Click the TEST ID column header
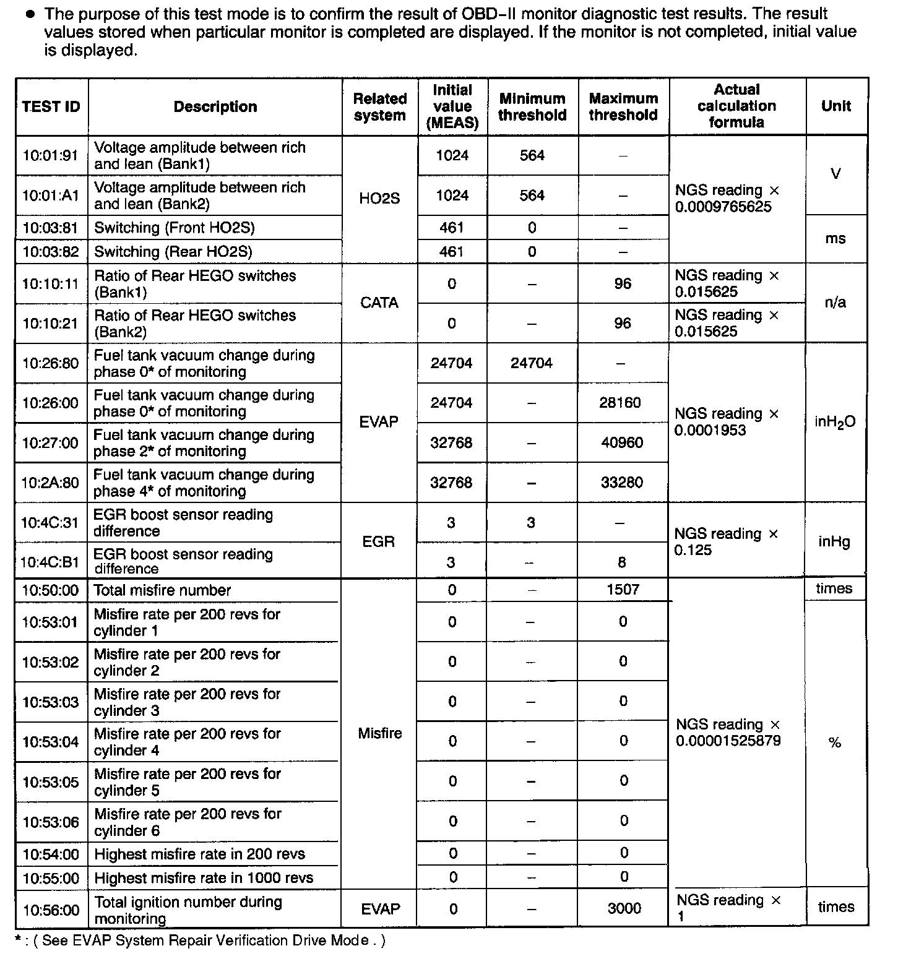click(x=51, y=107)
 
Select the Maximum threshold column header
click(x=623, y=107)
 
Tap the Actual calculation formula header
click(x=736, y=106)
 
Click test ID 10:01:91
click(x=51, y=155)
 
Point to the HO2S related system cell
click(x=379, y=199)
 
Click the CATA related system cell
click(x=379, y=303)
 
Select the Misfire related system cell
click(x=380, y=734)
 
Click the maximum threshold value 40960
click(x=622, y=443)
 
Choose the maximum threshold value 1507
click(x=623, y=590)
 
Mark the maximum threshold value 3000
click(x=624, y=908)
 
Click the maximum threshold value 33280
click(x=622, y=483)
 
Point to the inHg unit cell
click(x=834, y=542)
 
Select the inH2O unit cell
click(x=835, y=422)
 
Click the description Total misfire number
click(x=162, y=590)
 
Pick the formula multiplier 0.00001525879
click(x=728, y=741)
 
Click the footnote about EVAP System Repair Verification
click(x=200, y=941)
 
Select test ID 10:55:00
click(x=51, y=879)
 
